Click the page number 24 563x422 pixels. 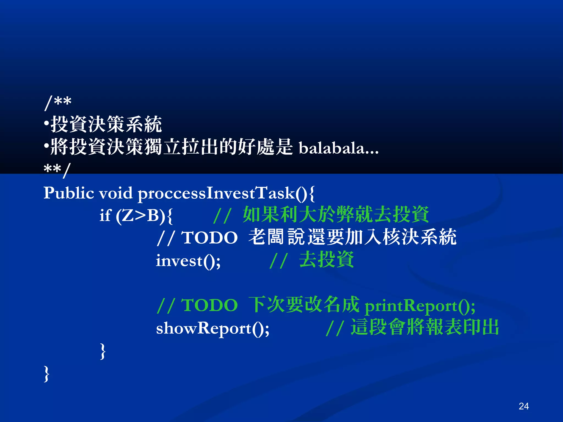pyautogui.click(x=523, y=406)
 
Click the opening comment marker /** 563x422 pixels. pyautogui.click(x=58, y=102)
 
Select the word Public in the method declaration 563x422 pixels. pyautogui.click(x=69, y=193)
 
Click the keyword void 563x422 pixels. pyautogui.click(x=116, y=193)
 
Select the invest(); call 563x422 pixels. pyautogui.click(x=188, y=260)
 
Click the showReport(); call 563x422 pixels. pyautogui.click(x=212, y=328)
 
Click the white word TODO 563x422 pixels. pyautogui.click(x=209, y=238)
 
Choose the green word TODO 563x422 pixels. pyautogui.click(x=209, y=305)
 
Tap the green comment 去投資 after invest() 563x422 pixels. pyautogui.click(x=326, y=260)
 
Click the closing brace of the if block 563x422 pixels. pyautogui.click(x=103, y=351)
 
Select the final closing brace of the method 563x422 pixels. pyautogui.click(x=46, y=374)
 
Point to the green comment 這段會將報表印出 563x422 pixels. pyautogui.click(x=425, y=327)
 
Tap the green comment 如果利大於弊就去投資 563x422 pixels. pyautogui.click(x=336, y=215)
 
